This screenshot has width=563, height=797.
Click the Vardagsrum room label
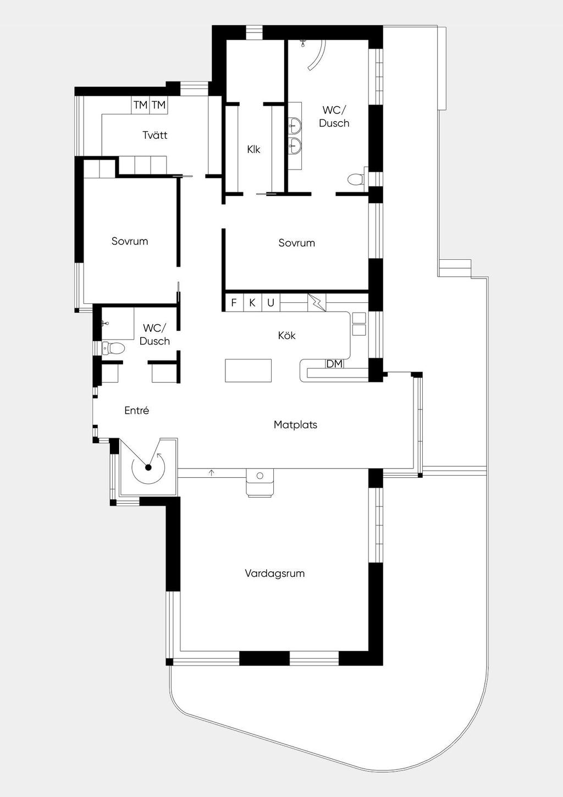coord(274,574)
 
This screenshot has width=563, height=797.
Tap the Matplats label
coord(295,425)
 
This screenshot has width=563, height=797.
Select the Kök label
coord(287,335)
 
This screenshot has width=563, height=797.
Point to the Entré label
coord(136,411)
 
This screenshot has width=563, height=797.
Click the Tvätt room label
coord(154,135)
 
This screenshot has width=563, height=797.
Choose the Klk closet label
coord(253,149)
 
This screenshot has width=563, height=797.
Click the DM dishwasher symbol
coord(334,364)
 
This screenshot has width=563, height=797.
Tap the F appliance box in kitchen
coord(234,303)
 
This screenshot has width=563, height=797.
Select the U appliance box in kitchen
coord(271,303)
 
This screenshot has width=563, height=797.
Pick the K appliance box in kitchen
coord(252,303)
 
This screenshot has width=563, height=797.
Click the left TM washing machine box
coord(140,105)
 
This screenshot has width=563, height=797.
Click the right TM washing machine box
coord(158,105)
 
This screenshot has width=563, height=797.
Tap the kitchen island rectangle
coord(248,370)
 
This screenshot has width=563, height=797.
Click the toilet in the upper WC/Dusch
coord(356,179)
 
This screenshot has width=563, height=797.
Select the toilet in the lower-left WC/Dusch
coord(114,348)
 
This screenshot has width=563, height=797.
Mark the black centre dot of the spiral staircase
coord(148,467)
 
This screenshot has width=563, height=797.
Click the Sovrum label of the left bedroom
coord(130,241)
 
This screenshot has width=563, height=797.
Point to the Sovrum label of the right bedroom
coord(296,243)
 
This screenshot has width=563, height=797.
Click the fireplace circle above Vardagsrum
coord(260,476)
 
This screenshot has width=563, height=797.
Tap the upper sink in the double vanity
coord(295,125)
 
